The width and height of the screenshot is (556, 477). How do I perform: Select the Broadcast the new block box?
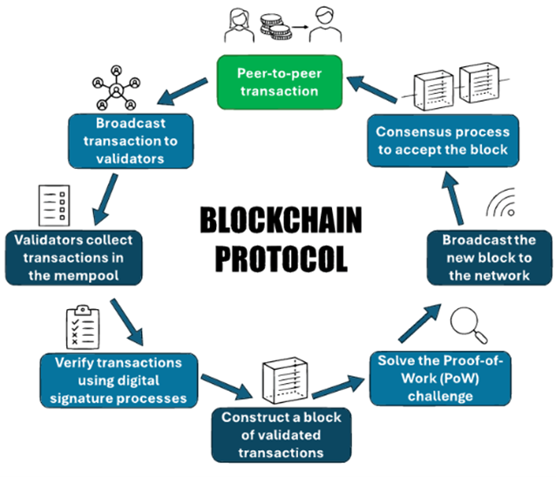488,259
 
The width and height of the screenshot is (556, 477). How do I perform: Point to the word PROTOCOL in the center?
280,258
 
